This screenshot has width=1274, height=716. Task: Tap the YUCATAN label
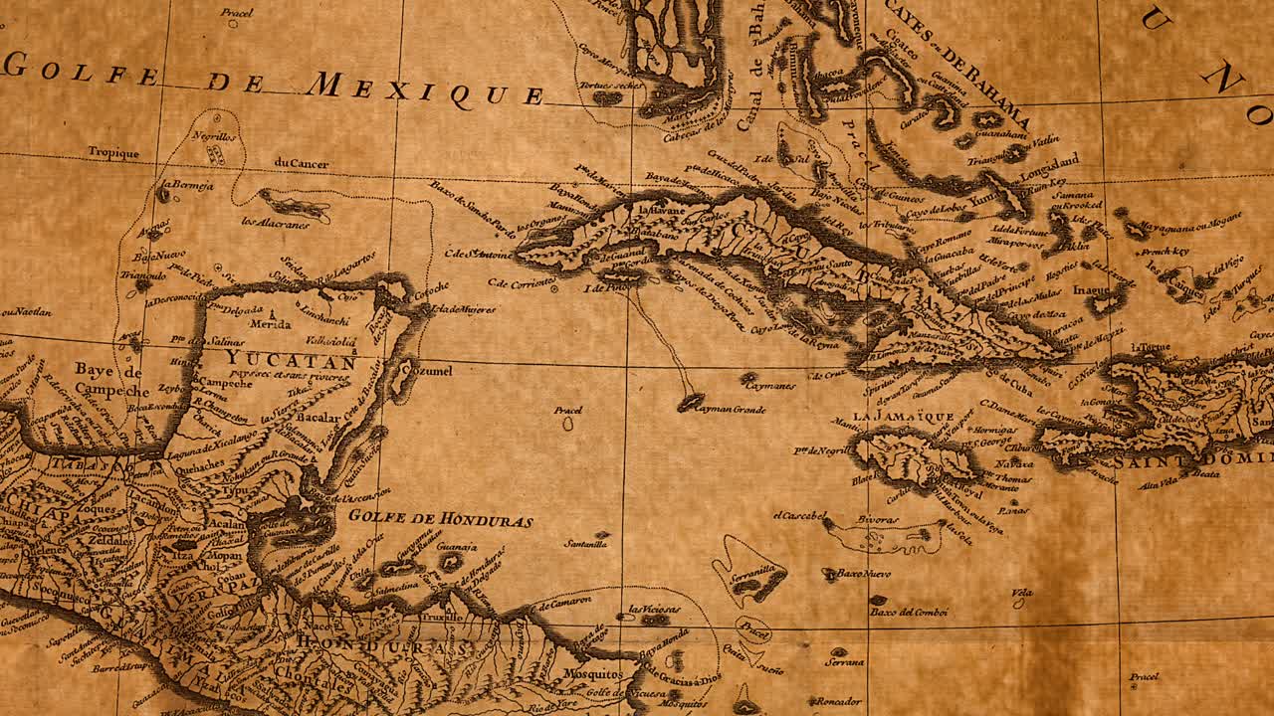290,360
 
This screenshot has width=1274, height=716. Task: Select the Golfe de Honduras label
441,519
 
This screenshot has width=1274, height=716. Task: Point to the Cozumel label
430,371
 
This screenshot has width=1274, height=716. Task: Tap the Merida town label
270,324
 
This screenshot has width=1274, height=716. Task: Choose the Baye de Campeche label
111,380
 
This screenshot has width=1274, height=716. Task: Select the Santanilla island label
585,544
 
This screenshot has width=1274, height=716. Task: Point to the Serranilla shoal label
753,570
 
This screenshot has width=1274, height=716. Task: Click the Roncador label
839,701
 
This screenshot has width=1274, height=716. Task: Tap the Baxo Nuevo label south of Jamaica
863,574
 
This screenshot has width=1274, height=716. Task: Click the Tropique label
112,153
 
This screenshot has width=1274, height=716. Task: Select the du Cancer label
301,163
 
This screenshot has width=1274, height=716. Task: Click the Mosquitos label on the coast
592,673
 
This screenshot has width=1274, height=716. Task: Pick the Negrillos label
214,137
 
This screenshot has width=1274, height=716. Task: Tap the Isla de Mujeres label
463,309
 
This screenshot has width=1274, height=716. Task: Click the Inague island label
1091,290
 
